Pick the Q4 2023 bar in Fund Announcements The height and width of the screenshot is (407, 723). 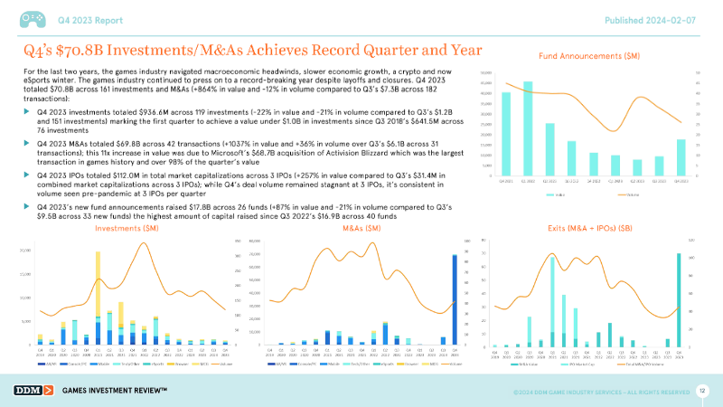coord(681,157)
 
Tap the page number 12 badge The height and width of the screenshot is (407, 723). coord(701,390)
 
